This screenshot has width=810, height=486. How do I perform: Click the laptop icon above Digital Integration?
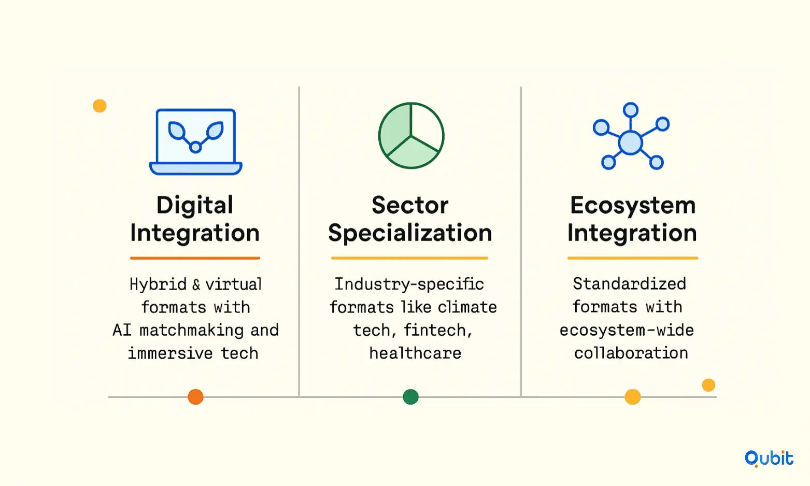pyautogui.click(x=195, y=142)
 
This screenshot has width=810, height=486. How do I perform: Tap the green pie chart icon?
pyautogui.click(x=411, y=136)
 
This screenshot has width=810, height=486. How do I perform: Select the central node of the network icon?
pyautogui.click(x=630, y=142)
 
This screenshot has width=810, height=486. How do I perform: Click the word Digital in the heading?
pyautogui.click(x=194, y=205)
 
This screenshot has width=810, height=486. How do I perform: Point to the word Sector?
pyautogui.click(x=410, y=205)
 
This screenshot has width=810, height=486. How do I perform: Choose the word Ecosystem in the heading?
pyautogui.click(x=633, y=205)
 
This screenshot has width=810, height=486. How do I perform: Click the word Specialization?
pyautogui.click(x=410, y=233)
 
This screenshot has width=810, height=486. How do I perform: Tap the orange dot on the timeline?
pyautogui.click(x=195, y=397)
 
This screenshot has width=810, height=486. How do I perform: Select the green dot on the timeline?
pyautogui.click(x=411, y=397)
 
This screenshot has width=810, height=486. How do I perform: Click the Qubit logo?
pyautogui.click(x=769, y=459)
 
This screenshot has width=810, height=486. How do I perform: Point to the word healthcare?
pyautogui.click(x=415, y=353)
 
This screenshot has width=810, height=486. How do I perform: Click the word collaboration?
pyautogui.click(x=631, y=353)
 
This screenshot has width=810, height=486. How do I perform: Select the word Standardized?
pyautogui.click(x=630, y=284)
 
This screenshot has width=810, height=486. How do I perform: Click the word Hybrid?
pyautogui.click(x=158, y=284)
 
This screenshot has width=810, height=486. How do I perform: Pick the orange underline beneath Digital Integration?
pyautogui.click(x=195, y=258)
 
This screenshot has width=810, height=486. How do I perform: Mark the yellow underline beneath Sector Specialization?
pyautogui.click(x=410, y=258)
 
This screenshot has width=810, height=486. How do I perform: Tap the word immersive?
pyautogui.click(x=170, y=353)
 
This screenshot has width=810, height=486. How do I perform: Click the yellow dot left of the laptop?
pyautogui.click(x=100, y=106)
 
